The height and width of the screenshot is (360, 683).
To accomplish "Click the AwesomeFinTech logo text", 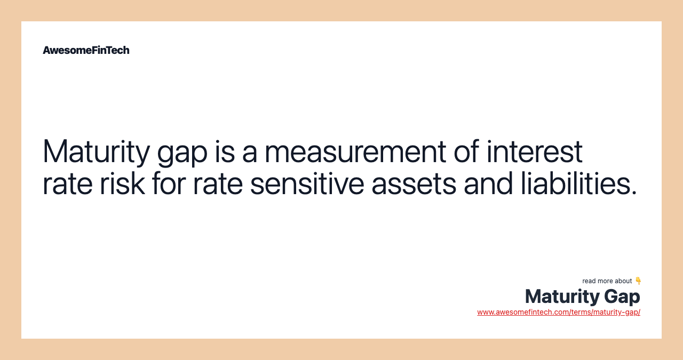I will coord(86,50).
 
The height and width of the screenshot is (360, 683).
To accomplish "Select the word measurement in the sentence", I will coord(355,151).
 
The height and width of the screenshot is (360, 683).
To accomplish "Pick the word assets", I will coord(414,183).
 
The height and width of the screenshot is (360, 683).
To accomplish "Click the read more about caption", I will coord(607,281).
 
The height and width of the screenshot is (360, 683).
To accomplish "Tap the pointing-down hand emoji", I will coord(638,281).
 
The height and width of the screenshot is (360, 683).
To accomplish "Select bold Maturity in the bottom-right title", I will coord(562,297).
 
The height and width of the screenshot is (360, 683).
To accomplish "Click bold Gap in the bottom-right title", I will coord(622,297).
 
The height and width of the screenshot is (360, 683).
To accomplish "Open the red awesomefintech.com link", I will coord(559,312).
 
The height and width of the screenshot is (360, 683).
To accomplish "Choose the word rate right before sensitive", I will coord(218,183).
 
